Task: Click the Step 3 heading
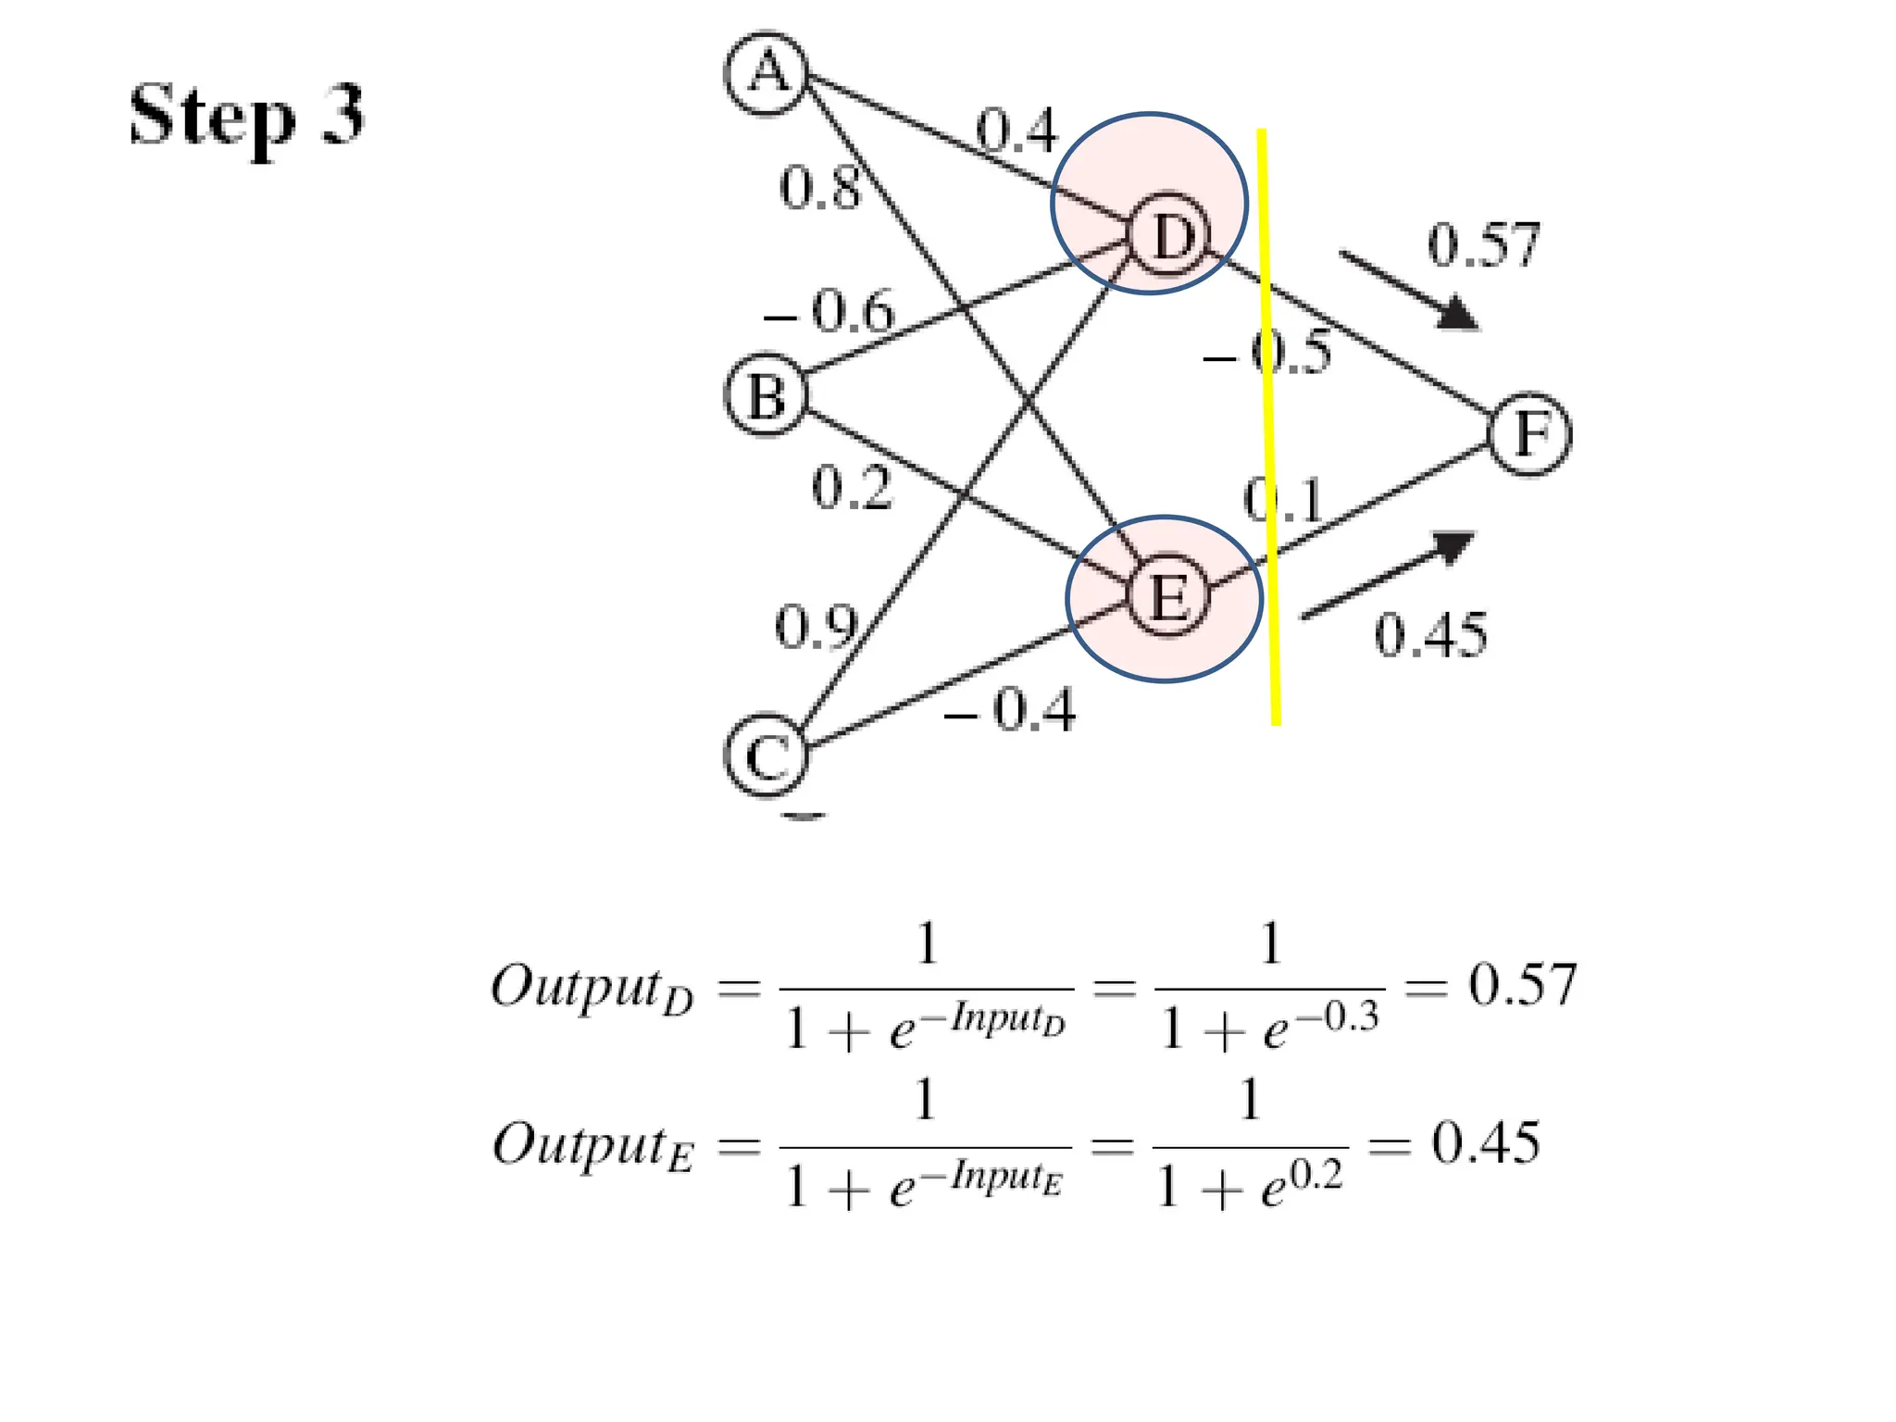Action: click(x=246, y=115)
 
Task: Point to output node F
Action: click(x=1530, y=434)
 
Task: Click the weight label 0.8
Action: click(x=820, y=188)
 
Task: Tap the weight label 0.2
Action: click(x=852, y=488)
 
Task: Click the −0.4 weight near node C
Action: click(x=1011, y=711)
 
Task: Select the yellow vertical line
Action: click(x=1268, y=426)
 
